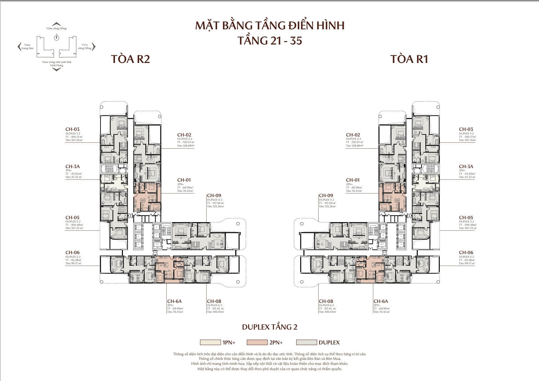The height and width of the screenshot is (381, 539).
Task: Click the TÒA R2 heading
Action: [x=130, y=59]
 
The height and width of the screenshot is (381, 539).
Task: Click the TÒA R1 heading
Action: [x=409, y=59]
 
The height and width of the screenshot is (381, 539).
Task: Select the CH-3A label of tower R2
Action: [x=72, y=167]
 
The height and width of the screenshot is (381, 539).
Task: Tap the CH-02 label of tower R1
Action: [x=353, y=135]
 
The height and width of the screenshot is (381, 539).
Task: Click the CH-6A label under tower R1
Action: [x=381, y=301]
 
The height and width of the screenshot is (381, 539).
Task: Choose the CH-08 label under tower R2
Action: [x=214, y=301]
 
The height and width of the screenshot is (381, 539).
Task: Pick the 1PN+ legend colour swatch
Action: [x=210, y=342]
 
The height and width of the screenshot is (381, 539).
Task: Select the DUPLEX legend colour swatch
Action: [x=306, y=342]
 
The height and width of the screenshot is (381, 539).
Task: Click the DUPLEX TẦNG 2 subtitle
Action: [x=269, y=327]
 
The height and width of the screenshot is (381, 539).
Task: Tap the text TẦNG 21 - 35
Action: [x=269, y=41]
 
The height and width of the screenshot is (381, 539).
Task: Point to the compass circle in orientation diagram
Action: [x=57, y=38]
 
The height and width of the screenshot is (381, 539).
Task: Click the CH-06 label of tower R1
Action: [x=466, y=252]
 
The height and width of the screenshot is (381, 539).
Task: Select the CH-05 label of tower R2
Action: [x=72, y=218]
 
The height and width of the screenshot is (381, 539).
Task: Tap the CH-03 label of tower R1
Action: [x=466, y=129]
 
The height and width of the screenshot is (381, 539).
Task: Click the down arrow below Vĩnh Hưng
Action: [x=57, y=70]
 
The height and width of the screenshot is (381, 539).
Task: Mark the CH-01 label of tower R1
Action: [x=353, y=180]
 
